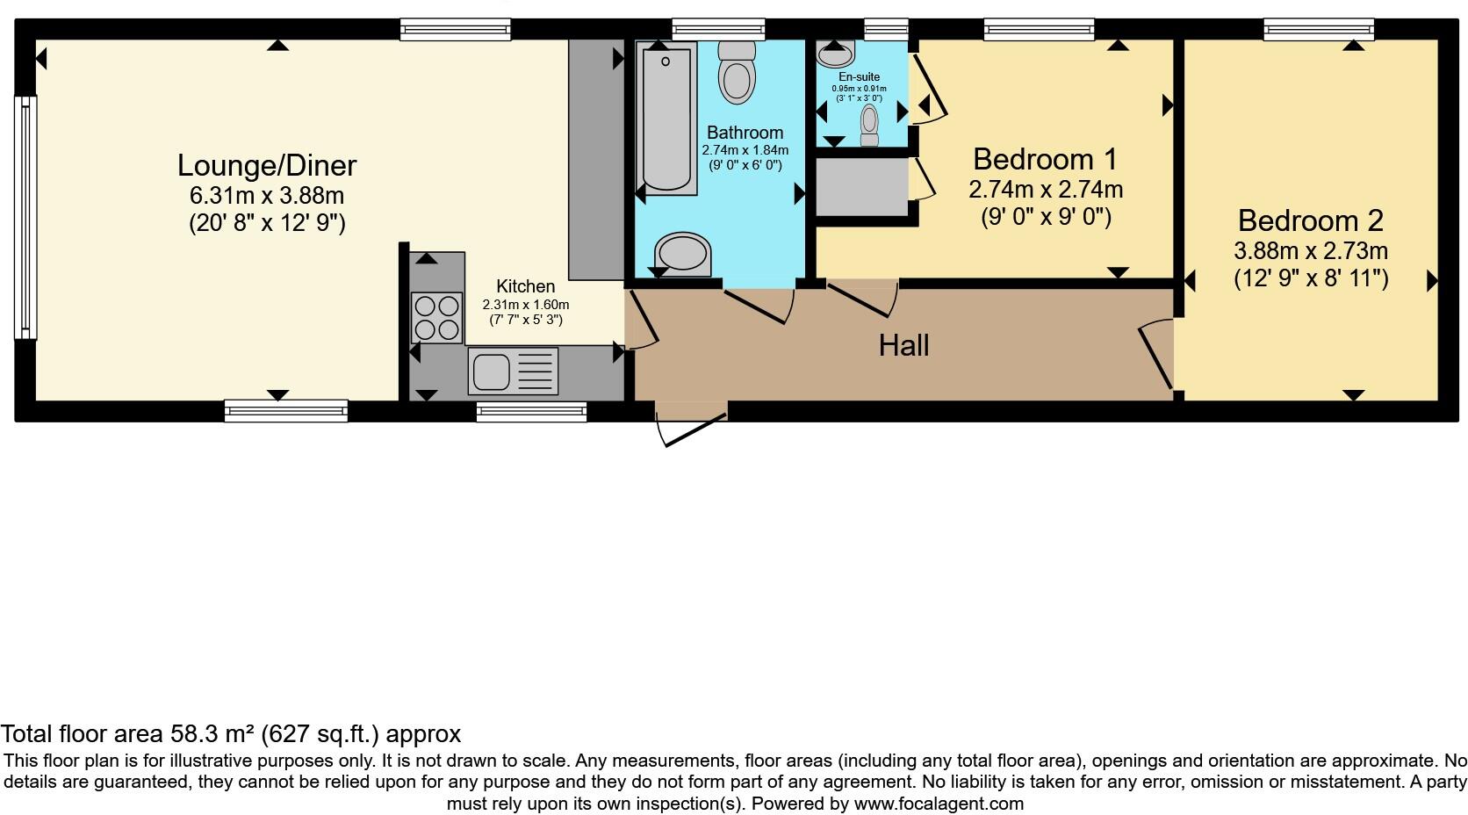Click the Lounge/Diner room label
267,165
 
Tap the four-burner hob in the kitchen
436,317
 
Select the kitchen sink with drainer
512,371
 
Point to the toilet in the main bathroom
737,72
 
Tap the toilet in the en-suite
870,125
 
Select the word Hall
903,346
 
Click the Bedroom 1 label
1045,160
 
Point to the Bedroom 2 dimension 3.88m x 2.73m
1310,251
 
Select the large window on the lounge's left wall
26,217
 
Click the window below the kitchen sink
531,411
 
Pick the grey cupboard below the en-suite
861,186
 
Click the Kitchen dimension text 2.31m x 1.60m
525,305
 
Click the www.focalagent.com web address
938,803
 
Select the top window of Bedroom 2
1318,30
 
